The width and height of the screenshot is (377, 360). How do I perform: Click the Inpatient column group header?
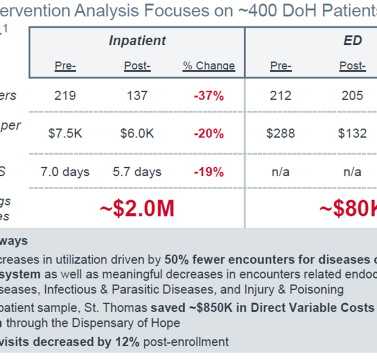point(137,40)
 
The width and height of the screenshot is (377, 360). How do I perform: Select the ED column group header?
point(353,40)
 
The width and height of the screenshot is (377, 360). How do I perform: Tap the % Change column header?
point(209,66)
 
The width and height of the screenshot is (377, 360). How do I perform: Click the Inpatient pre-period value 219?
point(65,96)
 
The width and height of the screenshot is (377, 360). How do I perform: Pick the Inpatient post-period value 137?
point(137,96)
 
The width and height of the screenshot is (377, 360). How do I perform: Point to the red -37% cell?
point(209,96)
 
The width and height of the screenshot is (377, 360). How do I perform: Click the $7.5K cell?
point(65,133)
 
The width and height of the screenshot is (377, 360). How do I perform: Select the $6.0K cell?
point(137,133)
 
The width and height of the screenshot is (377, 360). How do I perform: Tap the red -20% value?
point(209,133)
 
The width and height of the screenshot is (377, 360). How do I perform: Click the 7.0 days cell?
point(65,172)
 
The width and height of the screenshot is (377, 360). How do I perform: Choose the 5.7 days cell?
point(137,172)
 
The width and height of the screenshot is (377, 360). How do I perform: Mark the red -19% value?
point(209,172)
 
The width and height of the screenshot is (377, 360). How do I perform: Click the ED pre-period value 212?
point(281,96)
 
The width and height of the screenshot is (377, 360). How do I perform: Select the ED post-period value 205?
point(352,96)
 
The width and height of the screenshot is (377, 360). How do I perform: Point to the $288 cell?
point(281,133)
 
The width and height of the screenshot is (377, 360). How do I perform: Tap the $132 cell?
point(352,133)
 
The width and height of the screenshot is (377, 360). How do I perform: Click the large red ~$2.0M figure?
point(137,209)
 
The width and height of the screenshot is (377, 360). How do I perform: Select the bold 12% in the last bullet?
point(129,342)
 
